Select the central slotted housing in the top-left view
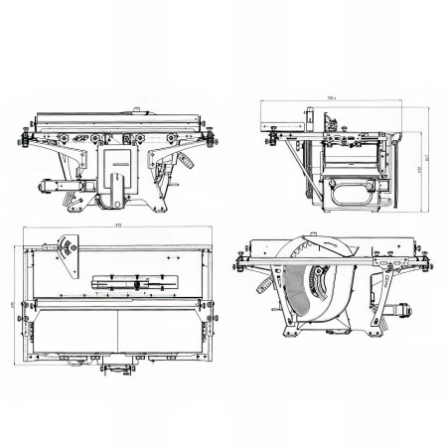117,174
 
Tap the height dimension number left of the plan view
13,303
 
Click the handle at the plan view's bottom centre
117,369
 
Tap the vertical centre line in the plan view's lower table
117,333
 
